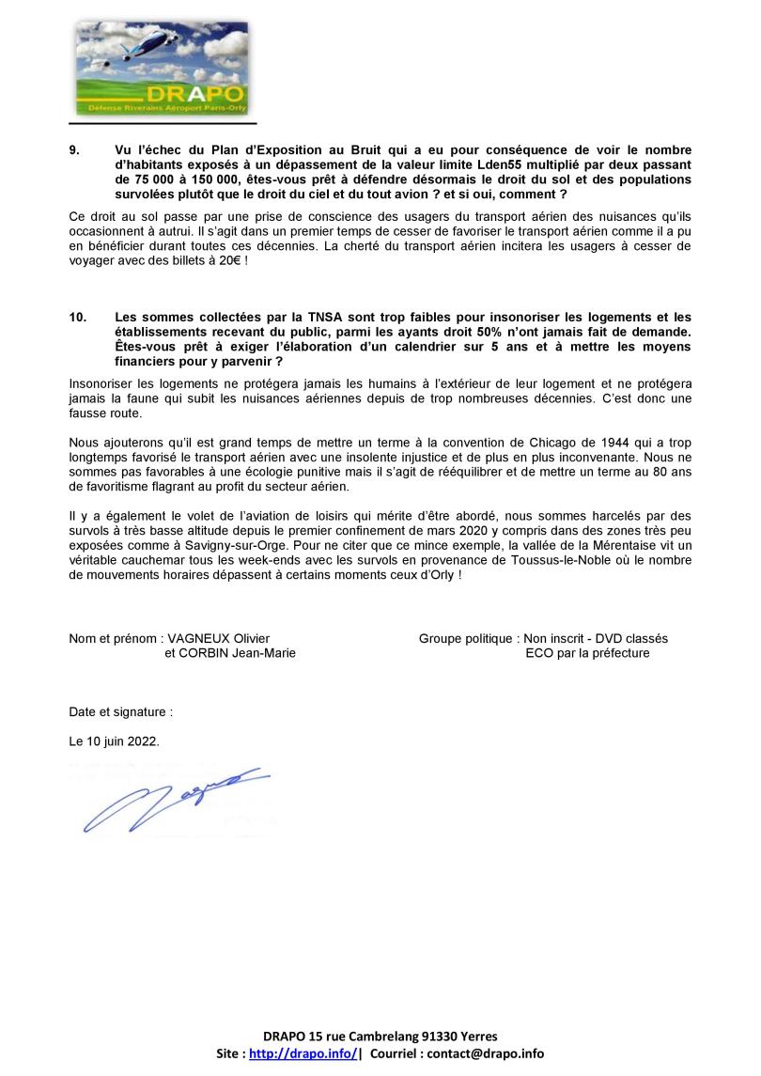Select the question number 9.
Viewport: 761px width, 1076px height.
[74, 150]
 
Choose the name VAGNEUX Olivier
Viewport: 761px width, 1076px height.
[218, 639]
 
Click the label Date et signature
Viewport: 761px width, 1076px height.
[120, 711]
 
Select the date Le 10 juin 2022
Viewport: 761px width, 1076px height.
[114, 741]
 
